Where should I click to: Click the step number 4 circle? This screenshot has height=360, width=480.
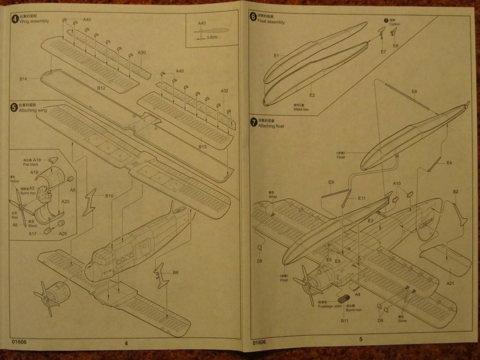pyautogui.click(x=15, y=18)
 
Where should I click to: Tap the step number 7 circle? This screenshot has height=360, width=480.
pyautogui.click(x=254, y=122)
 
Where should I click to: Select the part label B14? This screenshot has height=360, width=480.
pyautogui.click(x=23, y=79)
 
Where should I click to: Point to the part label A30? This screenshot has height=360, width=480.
pyautogui.click(x=142, y=53)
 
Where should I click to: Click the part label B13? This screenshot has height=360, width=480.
pyautogui.click(x=202, y=147)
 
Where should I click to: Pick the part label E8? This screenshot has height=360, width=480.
pyautogui.click(x=414, y=91)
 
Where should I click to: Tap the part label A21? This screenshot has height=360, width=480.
pyautogui.click(x=451, y=283)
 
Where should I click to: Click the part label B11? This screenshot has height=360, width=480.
pyautogui.click(x=345, y=321)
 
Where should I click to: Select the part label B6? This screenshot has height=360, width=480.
pyautogui.click(x=176, y=272)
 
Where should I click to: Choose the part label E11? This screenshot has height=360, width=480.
pyautogui.click(x=362, y=198)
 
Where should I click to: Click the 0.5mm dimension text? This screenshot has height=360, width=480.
pyautogui.click(x=212, y=37)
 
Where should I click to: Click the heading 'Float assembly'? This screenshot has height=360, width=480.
pyautogui.click(x=271, y=22)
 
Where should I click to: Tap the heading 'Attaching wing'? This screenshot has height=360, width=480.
pyautogui.click(x=33, y=111)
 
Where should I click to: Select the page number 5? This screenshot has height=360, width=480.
pyautogui.click(x=360, y=339)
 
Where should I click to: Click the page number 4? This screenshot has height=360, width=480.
pyautogui.click(x=126, y=343)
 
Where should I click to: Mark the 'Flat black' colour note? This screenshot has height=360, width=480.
pyautogui.click(x=31, y=164)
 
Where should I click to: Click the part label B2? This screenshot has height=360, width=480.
pyautogui.click(x=455, y=192)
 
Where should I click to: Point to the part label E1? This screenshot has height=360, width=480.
pyautogui.click(x=276, y=55)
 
